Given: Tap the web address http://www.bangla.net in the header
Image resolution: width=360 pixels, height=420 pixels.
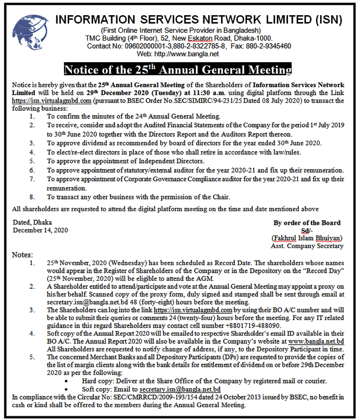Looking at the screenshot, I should pyautogui.click(x=192, y=54).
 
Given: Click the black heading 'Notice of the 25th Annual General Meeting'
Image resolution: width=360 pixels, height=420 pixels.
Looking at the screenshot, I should pyautogui.click(x=178, y=70).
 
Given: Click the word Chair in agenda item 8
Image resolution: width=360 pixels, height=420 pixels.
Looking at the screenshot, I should pyautogui.click(x=220, y=197).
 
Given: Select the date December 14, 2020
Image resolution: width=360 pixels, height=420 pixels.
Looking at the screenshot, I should pyautogui.click(x=41, y=230).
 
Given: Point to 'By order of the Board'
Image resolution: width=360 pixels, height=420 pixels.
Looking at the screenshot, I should pyautogui.click(x=307, y=223).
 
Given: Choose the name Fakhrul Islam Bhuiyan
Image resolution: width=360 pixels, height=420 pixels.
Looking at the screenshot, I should pyautogui.click(x=307, y=238).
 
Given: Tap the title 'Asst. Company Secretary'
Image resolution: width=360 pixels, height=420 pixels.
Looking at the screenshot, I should pyautogui.click(x=307, y=246).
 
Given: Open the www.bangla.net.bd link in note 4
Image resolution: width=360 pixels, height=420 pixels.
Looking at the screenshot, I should pyautogui.click(x=316, y=341).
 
